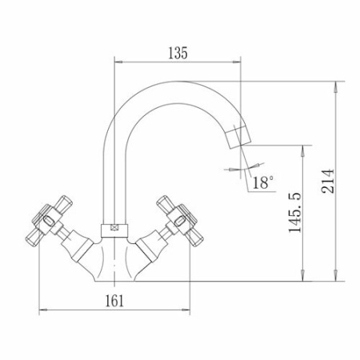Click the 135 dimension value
pos(178,53)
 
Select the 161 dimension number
pos(114,301)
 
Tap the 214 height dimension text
pos(328,181)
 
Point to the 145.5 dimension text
pos(295,212)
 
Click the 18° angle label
pos(263,182)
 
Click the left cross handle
pos(50,218)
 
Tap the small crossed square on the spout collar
pos(114,227)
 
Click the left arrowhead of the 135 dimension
pos(118,62)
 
